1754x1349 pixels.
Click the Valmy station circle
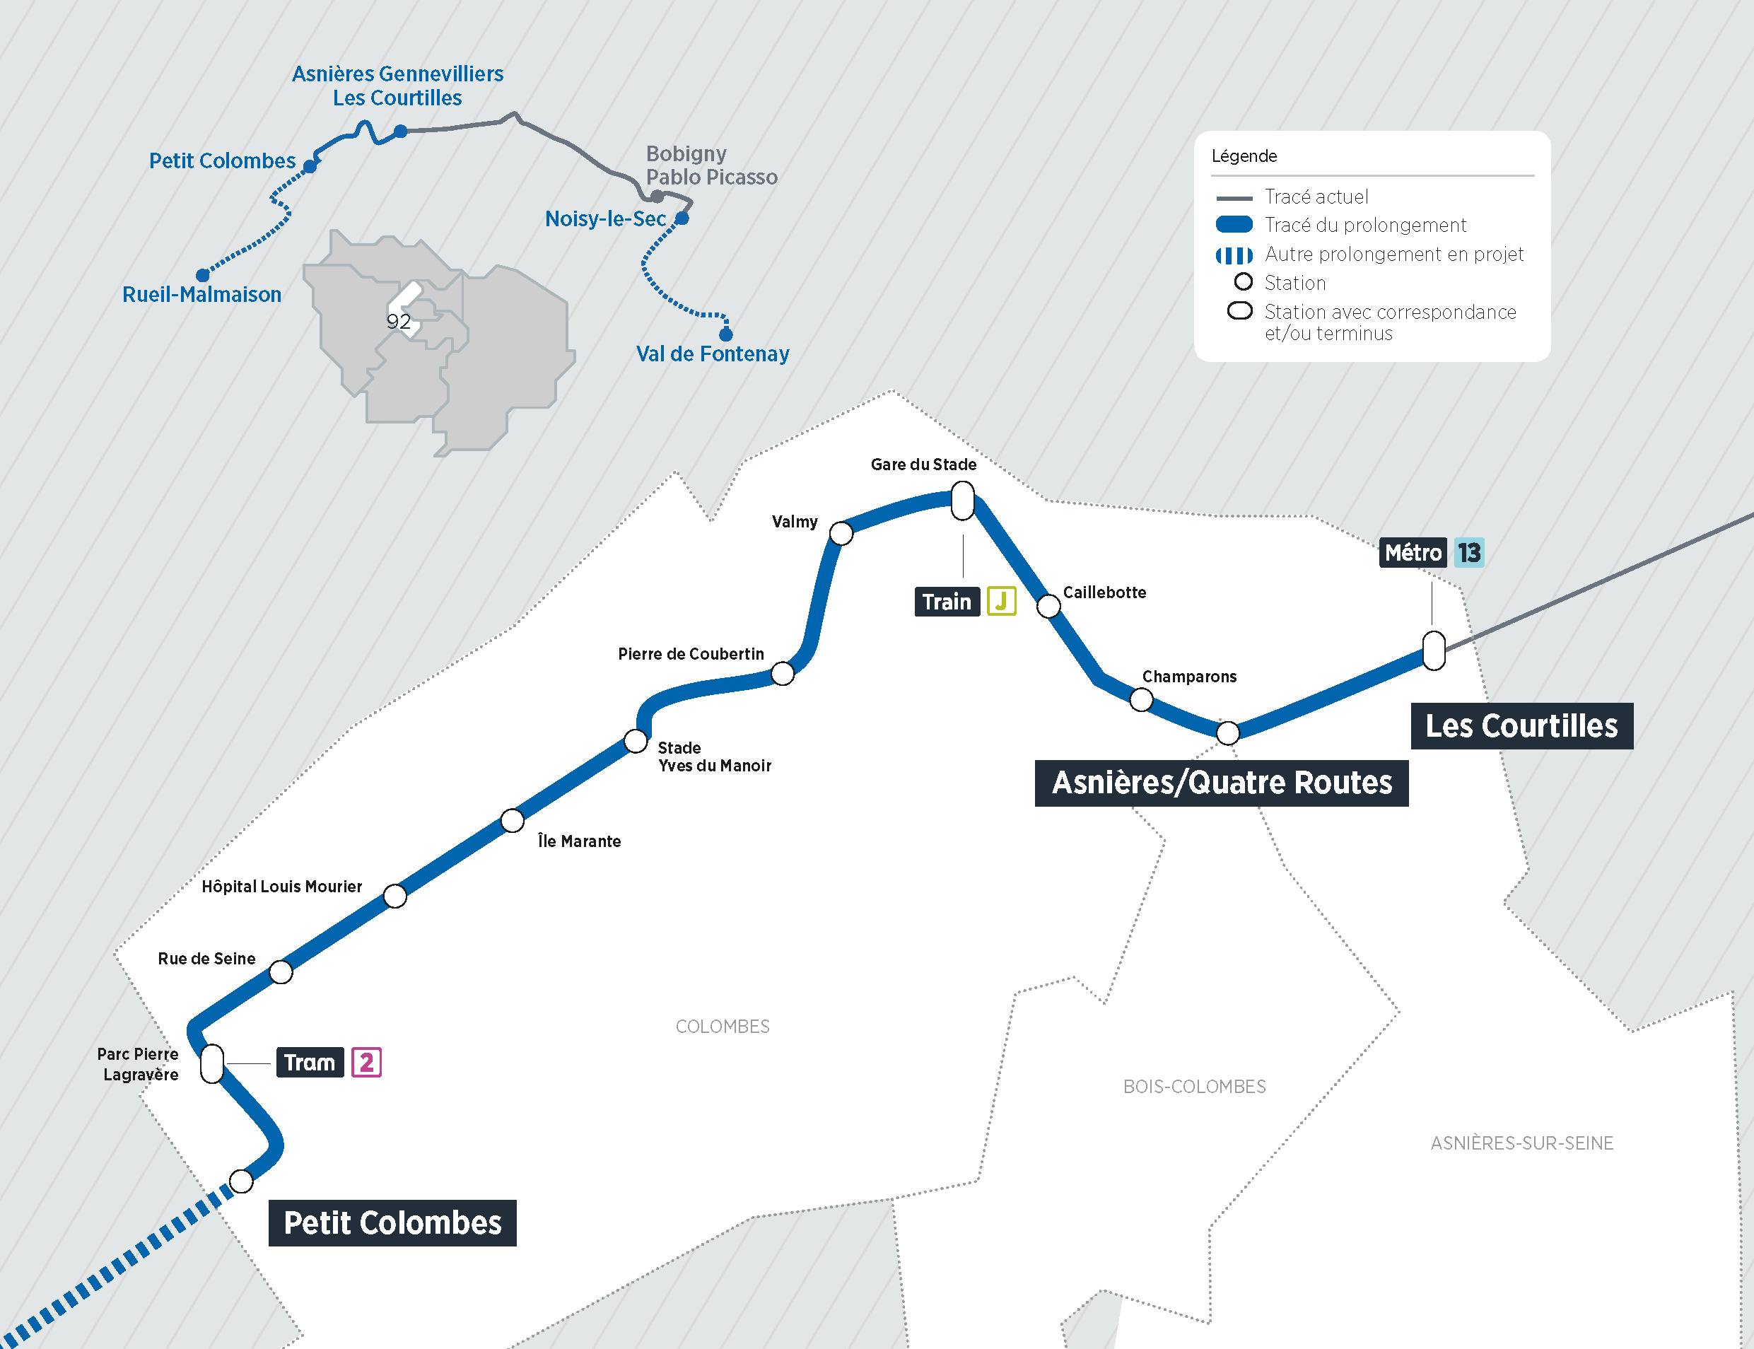tap(841, 533)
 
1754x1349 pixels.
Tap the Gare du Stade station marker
tap(962, 501)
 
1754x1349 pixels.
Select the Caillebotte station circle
tap(1048, 605)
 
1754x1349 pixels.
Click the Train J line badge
tap(1001, 602)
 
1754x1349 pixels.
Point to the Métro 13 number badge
tap(1468, 552)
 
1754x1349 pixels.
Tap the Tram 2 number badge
tap(366, 1063)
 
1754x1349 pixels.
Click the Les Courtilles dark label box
tap(1521, 726)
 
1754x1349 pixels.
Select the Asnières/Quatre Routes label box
tap(1221, 783)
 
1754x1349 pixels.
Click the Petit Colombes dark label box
tap(392, 1223)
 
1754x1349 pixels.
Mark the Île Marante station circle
tap(512, 821)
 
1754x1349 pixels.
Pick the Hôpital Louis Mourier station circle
tap(395, 896)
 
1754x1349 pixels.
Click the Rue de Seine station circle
tap(281, 972)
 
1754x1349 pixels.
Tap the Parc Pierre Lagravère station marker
tap(212, 1063)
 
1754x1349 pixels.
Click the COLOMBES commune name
tap(723, 1026)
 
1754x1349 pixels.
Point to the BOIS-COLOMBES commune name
tap(1193, 1087)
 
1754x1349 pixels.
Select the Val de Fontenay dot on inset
tap(725, 334)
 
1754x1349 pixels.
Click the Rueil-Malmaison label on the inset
tap(201, 295)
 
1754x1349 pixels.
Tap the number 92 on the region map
tap(398, 322)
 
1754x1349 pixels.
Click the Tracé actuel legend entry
tap(1316, 197)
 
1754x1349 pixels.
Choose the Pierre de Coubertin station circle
tap(782, 674)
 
